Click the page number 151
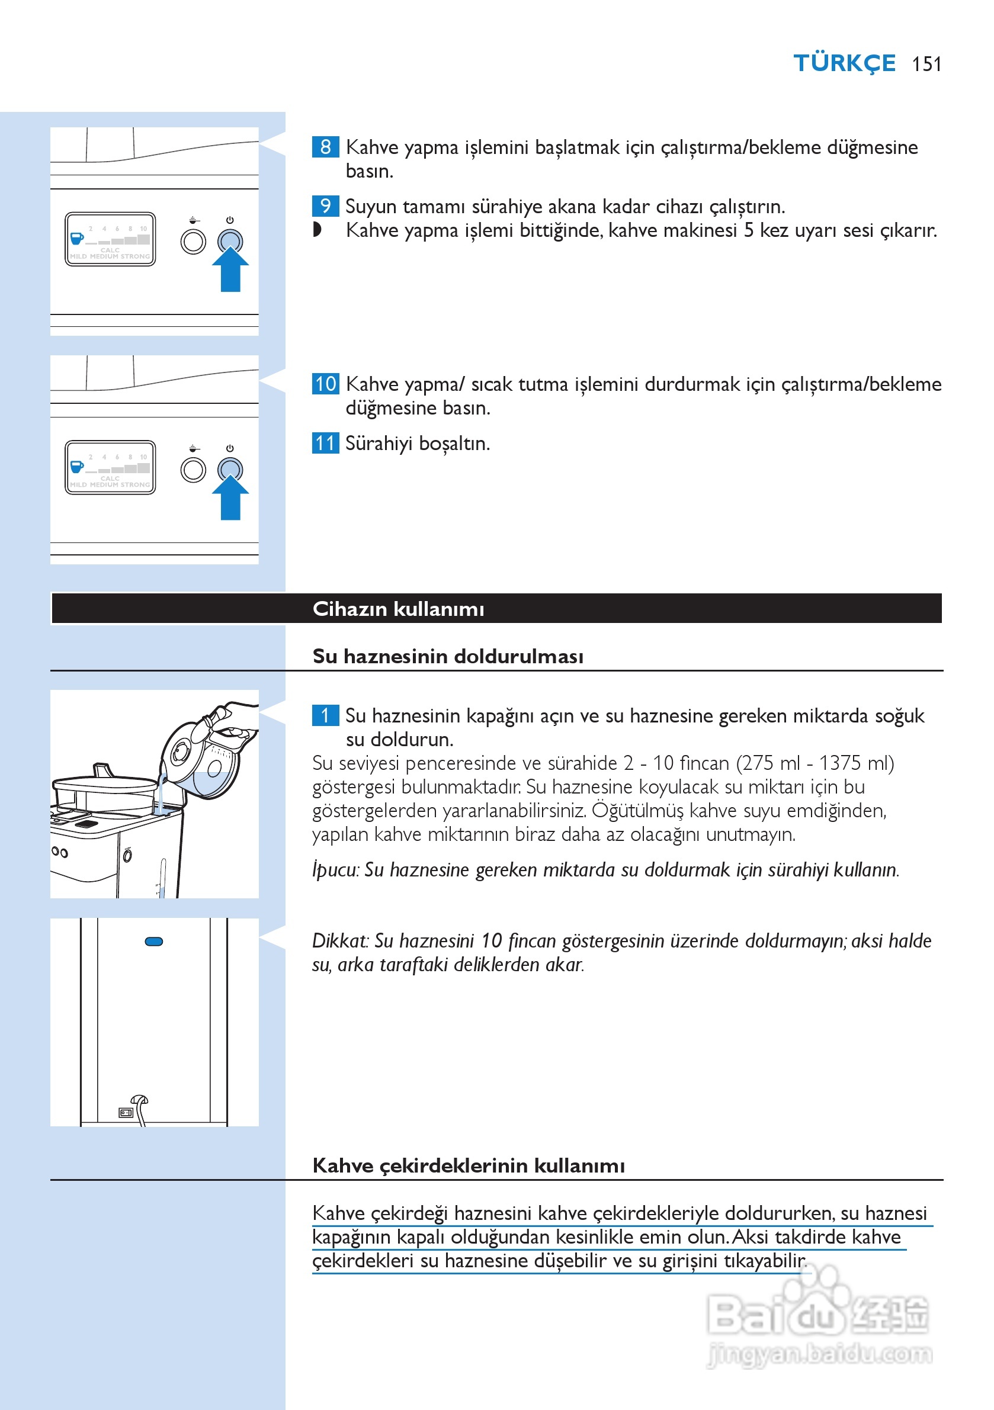[x=926, y=64]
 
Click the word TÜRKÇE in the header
[x=844, y=63]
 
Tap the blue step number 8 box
[x=325, y=147]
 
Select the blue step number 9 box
[x=325, y=205]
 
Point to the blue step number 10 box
[x=325, y=384]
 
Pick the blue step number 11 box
[x=325, y=443]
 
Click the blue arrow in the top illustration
[x=230, y=270]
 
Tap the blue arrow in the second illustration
[x=230, y=499]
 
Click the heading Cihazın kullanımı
[x=398, y=609]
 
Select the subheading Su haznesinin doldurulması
[x=448, y=656]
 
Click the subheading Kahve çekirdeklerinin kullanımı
[x=468, y=1165]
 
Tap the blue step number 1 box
[x=325, y=715]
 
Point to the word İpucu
[x=335, y=869]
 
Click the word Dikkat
[x=340, y=941]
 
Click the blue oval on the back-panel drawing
[x=153, y=942]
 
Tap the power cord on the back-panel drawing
[x=140, y=1109]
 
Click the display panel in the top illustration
[x=110, y=239]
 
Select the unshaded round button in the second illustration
[x=193, y=470]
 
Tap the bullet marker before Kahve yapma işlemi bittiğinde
[x=317, y=230]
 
